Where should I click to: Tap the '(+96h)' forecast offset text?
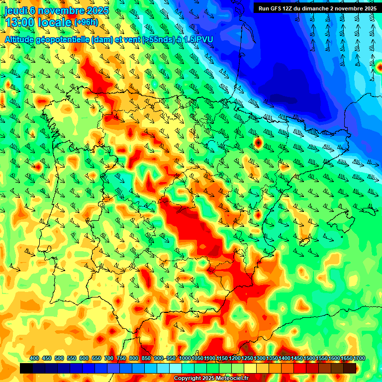pos(87,22)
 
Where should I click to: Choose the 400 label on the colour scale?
pos(34,358)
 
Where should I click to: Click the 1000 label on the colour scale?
pos(185,358)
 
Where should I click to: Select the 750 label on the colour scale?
pos(121,358)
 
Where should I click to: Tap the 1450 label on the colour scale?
pos(296,358)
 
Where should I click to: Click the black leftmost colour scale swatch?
pos(26,368)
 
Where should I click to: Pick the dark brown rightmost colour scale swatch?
pos(350,368)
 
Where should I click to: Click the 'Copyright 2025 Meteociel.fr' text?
pos(211,379)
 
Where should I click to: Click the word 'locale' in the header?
pos(55,22)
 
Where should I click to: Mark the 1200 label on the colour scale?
pos(234,358)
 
